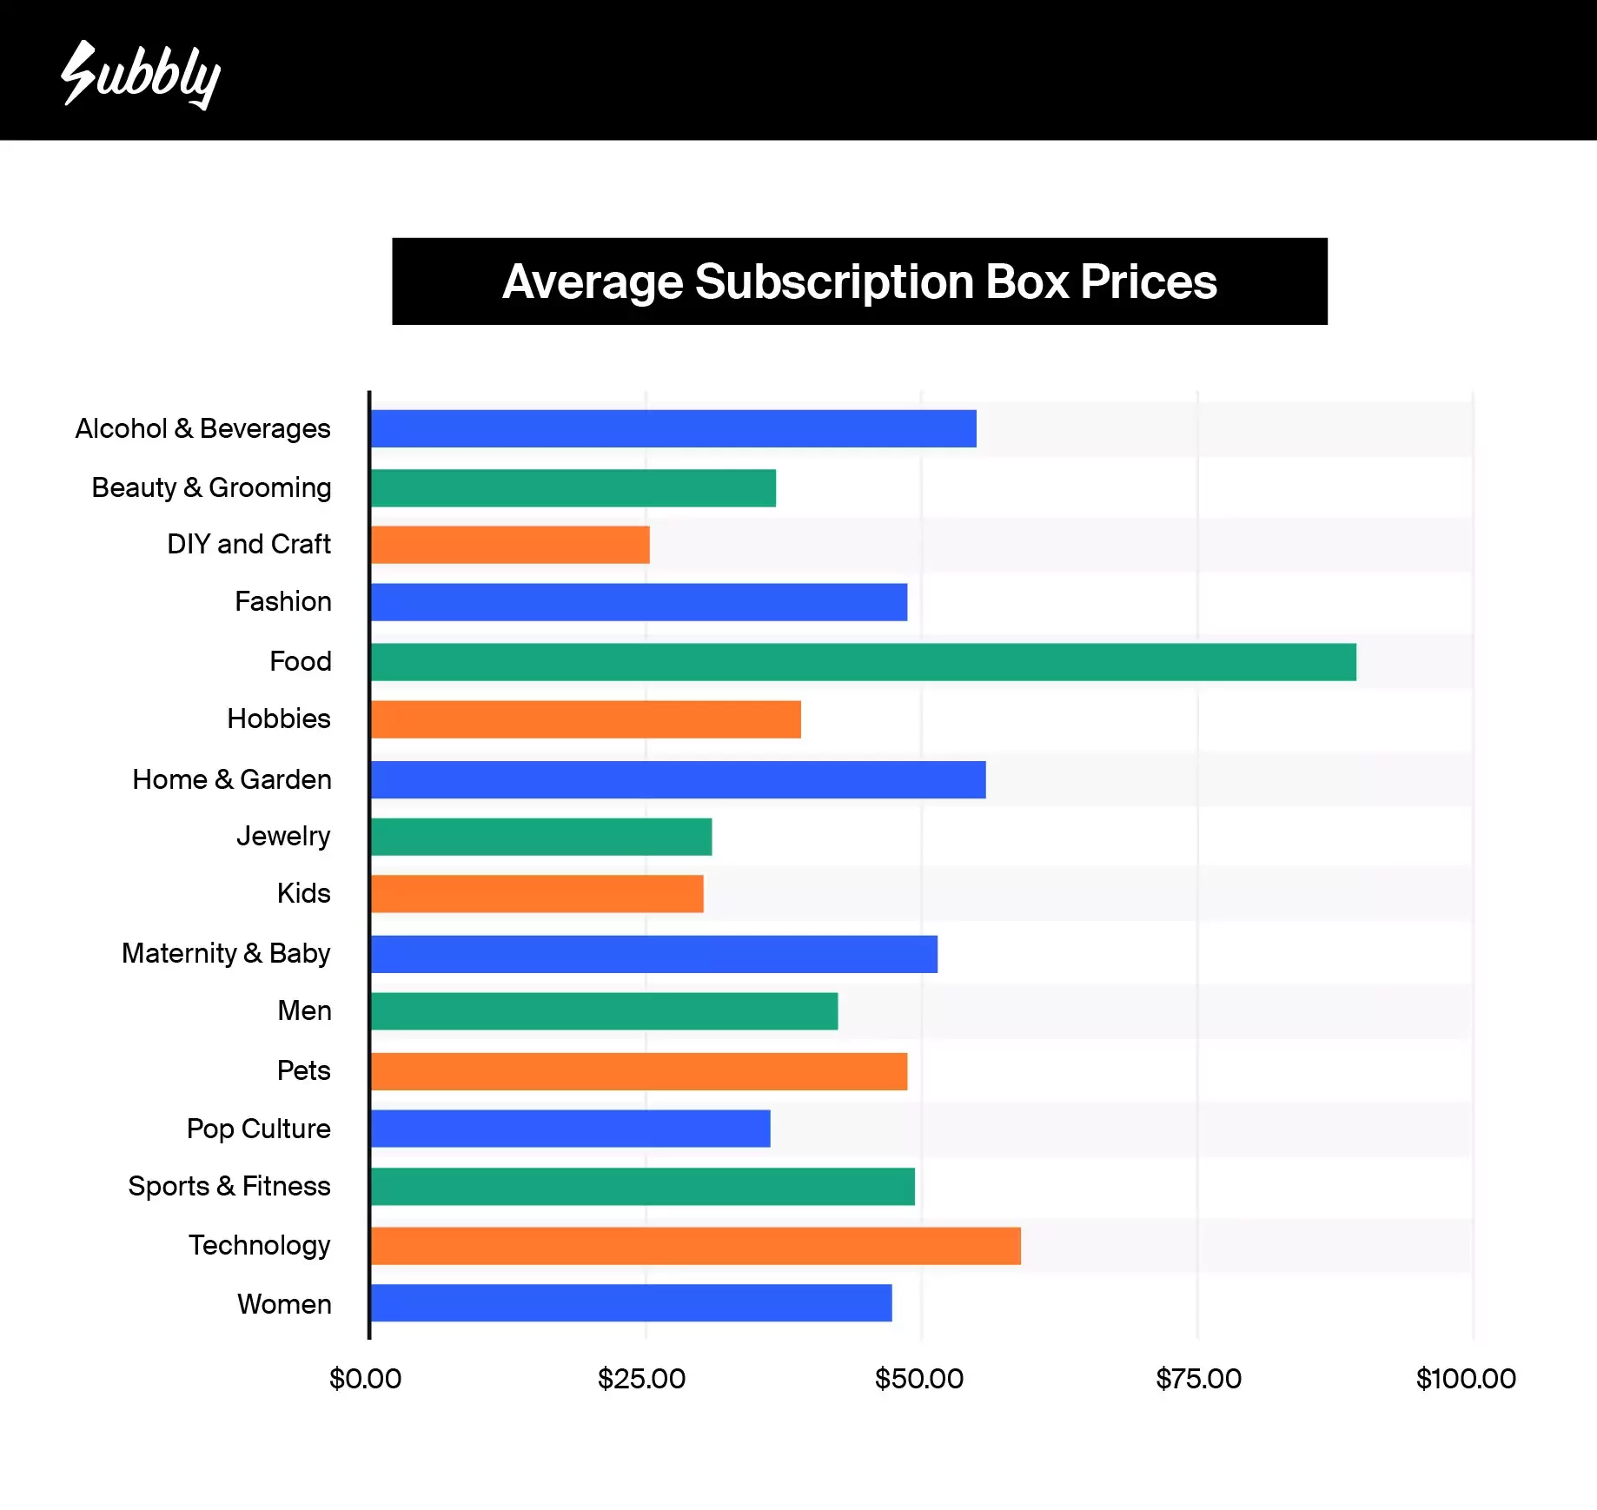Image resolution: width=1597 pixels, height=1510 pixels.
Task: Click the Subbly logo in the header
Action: pos(141,75)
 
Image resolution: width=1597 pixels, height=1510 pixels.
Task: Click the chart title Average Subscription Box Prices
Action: pos(859,281)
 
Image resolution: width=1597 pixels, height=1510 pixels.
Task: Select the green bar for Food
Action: pos(863,662)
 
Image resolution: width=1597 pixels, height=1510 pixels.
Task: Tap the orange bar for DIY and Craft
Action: pos(510,545)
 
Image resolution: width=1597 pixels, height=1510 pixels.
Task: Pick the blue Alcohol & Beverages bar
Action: pos(673,428)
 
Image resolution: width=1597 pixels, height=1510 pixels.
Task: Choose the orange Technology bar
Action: pos(695,1246)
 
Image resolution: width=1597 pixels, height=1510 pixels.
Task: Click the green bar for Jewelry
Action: pos(541,837)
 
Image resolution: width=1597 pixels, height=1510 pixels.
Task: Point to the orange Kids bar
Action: pos(537,894)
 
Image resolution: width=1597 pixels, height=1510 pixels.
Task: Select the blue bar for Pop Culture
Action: pos(570,1129)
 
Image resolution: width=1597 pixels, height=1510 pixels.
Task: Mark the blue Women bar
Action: pos(631,1303)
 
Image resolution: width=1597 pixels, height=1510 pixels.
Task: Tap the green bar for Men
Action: pos(604,1011)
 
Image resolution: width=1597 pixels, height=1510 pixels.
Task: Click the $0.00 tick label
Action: pos(365,1379)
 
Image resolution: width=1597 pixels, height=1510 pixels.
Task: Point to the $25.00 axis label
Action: pos(641,1379)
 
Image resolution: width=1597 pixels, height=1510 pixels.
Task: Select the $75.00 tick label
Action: pos(1198,1379)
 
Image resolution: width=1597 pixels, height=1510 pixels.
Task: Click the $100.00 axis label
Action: pos(1466,1379)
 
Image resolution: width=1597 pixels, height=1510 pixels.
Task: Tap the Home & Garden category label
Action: pos(232,779)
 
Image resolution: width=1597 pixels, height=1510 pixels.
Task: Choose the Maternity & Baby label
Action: pos(226,953)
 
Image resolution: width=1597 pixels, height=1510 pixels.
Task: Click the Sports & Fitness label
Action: pos(229,1186)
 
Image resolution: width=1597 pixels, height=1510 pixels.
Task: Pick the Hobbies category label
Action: pos(279,719)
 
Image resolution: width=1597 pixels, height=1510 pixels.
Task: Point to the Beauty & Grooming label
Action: pos(211,487)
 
